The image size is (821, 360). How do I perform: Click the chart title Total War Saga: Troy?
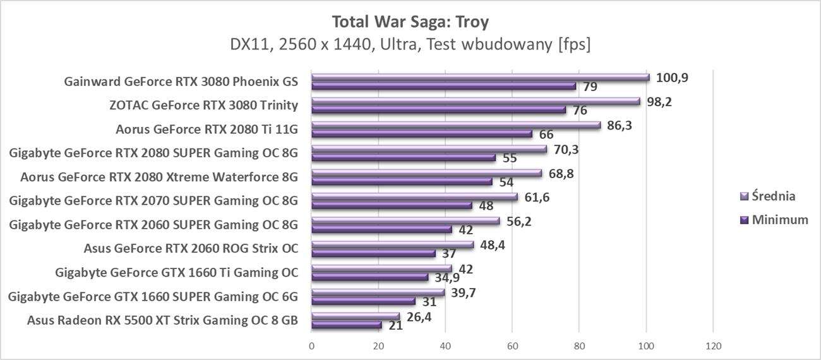[410, 21]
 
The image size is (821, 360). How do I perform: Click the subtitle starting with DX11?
[410, 45]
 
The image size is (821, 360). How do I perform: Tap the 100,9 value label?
[672, 78]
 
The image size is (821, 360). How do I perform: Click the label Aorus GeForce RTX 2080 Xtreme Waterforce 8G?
[159, 177]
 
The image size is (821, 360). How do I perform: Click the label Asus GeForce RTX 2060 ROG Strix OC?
[191, 248]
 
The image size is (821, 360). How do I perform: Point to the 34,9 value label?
[448, 278]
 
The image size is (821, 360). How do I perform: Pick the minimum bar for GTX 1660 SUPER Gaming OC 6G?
[363, 301]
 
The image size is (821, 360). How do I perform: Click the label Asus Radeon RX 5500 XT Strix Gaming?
[162, 320]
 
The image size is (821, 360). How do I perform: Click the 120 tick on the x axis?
[713, 346]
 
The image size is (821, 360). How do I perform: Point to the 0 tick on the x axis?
[312, 346]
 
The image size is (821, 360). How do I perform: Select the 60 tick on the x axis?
[512, 346]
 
